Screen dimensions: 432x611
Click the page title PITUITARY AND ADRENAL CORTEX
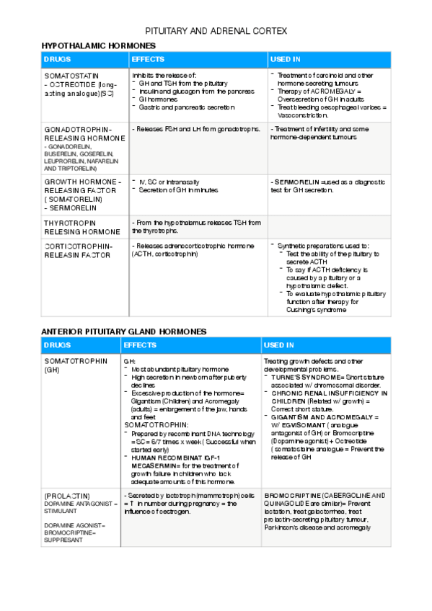pyautogui.click(x=216, y=32)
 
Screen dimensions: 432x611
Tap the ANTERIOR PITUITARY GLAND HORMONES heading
pyautogui.click(x=123, y=331)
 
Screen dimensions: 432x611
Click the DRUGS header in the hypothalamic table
pyautogui.click(x=57, y=59)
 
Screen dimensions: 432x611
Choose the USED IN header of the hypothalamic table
pyautogui.click(x=286, y=59)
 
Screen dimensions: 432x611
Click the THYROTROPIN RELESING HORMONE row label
pyautogui.click(x=81, y=228)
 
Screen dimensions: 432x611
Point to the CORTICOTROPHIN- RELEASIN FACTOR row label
pyautogui.click(x=79, y=250)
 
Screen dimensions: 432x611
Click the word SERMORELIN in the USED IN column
pyautogui.click(x=297, y=182)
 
